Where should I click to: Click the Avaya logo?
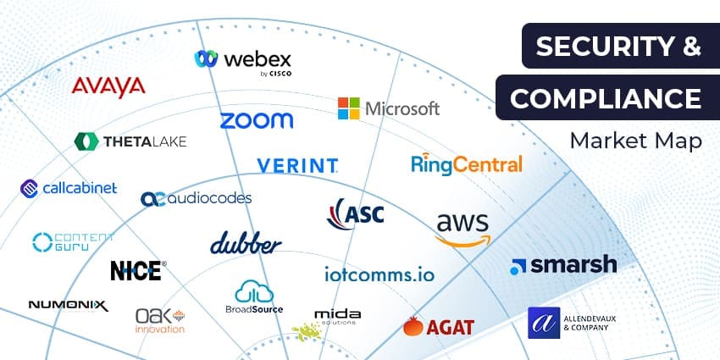108,86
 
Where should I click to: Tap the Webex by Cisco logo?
243,60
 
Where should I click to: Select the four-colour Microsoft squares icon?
348,108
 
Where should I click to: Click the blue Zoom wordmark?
256,120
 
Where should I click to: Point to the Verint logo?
297,164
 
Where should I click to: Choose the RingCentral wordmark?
466,163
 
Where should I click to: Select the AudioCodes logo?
196,198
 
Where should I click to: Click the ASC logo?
356,213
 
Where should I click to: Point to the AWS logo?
462,228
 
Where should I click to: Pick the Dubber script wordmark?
246,243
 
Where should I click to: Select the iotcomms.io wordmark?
379,274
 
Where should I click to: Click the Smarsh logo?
563,265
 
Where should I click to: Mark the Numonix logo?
68,305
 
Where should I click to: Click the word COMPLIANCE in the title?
605,99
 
